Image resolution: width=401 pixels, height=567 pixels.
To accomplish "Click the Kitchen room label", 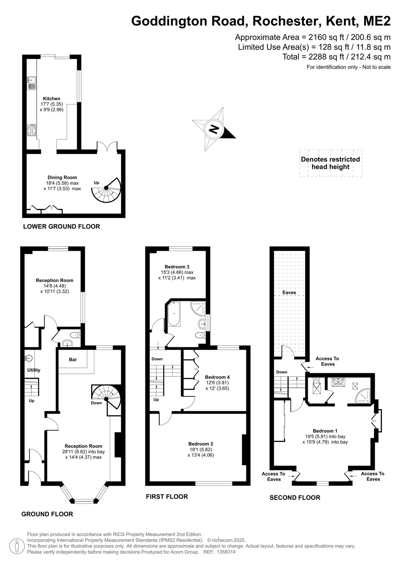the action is click(51, 99).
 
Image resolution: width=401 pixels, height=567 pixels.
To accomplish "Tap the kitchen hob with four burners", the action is click(32, 130).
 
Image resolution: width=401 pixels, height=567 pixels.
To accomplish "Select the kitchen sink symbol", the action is click(32, 83).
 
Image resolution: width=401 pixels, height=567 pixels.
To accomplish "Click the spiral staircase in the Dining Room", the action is click(106, 190).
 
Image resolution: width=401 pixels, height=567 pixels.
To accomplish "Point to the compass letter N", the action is click(214, 129).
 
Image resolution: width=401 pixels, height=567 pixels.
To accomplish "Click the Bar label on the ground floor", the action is click(73, 359).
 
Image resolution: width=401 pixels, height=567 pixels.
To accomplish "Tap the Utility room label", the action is click(34, 370).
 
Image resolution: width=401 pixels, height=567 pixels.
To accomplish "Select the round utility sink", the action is click(29, 358).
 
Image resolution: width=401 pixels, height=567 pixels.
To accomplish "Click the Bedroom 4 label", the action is click(217, 377).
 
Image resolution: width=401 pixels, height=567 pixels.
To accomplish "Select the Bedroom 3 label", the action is click(177, 266).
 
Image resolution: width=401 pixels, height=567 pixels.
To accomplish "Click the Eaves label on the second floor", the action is click(289, 292).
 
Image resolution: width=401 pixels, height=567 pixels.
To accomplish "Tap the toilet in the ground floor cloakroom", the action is click(76, 335).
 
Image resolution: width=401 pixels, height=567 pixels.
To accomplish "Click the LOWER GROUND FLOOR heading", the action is click(62, 226).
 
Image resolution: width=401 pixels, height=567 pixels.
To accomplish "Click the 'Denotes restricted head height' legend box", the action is click(330, 163).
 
